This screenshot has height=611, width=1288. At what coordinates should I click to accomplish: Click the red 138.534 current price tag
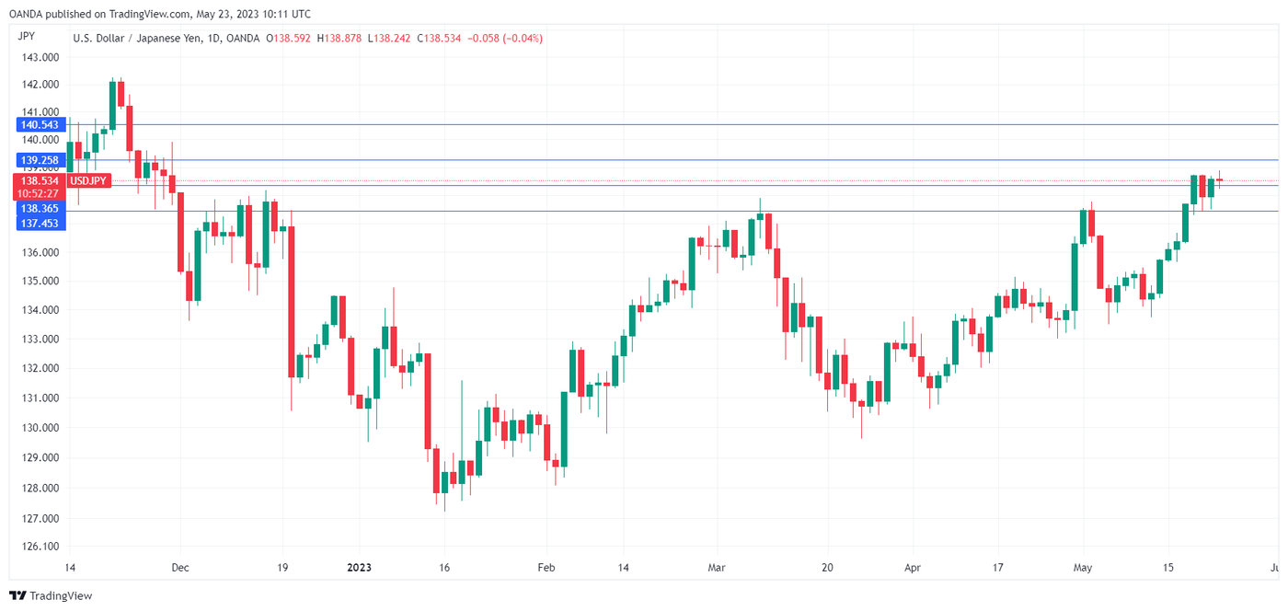point(40,181)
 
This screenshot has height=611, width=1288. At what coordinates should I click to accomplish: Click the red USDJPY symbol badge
point(91,181)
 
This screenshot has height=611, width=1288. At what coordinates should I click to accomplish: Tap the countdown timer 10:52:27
point(40,194)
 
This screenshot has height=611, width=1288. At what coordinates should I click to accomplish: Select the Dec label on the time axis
point(180,568)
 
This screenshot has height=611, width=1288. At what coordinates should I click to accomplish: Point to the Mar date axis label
point(716,568)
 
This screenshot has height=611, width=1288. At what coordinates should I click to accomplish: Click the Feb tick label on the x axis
point(546,568)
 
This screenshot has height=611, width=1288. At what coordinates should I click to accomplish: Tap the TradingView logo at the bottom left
point(51,595)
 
